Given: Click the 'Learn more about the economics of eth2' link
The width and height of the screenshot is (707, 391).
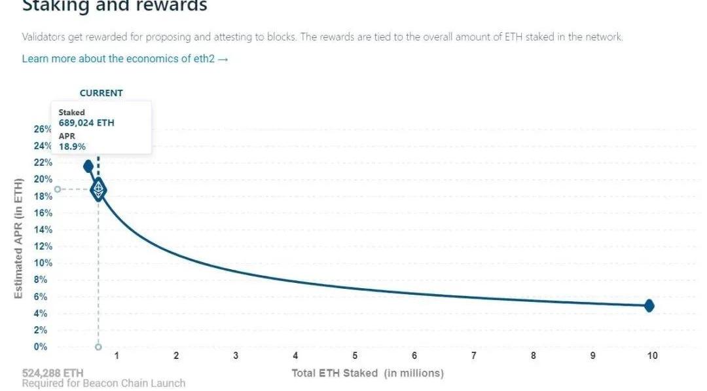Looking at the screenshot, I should point(125,59).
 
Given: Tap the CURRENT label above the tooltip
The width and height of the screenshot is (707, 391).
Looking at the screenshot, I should point(101,93).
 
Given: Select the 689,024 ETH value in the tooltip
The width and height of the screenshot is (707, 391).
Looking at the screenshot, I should point(86,122).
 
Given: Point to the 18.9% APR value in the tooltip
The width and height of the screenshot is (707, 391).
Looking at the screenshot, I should point(72,147).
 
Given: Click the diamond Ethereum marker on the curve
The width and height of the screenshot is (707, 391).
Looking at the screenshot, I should point(98,189).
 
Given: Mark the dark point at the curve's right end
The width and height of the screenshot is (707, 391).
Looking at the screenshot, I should point(649,306).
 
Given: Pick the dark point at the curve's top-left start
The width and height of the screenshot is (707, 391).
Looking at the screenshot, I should point(88,166).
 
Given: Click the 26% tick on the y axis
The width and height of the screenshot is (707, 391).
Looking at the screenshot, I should point(43,129).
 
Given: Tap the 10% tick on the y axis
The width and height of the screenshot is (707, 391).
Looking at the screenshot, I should point(43,263).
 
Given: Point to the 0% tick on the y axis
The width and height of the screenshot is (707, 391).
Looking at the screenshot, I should point(41,347).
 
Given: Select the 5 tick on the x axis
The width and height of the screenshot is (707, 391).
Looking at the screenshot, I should point(355,356).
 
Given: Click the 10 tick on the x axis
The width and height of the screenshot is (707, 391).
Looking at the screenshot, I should point(652,356).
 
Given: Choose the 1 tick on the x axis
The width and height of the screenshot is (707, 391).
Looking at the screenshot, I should point(117,356).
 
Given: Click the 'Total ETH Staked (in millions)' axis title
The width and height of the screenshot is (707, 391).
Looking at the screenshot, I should point(367,373).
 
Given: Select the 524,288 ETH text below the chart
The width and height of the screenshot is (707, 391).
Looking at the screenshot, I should point(52,373).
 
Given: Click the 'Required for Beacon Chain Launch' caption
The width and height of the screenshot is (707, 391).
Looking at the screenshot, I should point(103,383).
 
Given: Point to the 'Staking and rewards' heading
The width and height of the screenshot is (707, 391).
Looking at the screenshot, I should point(115,7).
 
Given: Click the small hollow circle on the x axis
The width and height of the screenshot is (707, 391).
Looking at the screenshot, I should point(98,347).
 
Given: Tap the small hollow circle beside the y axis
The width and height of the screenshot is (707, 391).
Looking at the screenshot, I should point(58,189).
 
